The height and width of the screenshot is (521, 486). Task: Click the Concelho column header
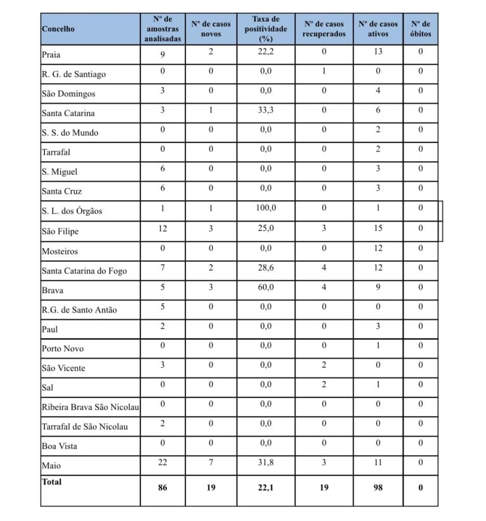pyautogui.click(x=58, y=28)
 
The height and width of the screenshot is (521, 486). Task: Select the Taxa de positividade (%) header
pyautogui.click(x=266, y=28)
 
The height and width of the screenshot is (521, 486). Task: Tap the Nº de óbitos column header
pyautogui.click(x=420, y=28)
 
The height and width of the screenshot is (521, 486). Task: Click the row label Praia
pyautogui.click(x=52, y=54)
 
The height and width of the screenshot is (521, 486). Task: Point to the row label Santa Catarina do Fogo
pyautogui.click(x=84, y=271)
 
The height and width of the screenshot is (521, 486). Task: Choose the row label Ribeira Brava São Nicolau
pyautogui.click(x=90, y=407)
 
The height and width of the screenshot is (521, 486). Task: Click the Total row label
pyautogui.click(x=52, y=482)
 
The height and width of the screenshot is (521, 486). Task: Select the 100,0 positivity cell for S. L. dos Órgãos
pyautogui.click(x=266, y=208)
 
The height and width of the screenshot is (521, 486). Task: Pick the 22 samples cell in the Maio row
pyautogui.click(x=163, y=462)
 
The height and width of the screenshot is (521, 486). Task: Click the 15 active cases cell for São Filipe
pyautogui.click(x=378, y=228)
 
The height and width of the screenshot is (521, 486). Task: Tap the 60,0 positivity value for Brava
pyautogui.click(x=266, y=287)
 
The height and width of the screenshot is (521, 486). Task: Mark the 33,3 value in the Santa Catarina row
pyautogui.click(x=266, y=110)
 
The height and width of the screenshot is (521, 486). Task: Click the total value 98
pyautogui.click(x=378, y=487)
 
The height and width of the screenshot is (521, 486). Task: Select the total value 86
pyautogui.click(x=163, y=487)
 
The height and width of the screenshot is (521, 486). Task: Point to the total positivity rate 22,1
pyautogui.click(x=266, y=487)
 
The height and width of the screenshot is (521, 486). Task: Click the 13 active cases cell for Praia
pyautogui.click(x=378, y=51)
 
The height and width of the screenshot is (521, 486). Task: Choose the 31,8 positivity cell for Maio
pyautogui.click(x=266, y=462)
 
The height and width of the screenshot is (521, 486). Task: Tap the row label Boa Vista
pyautogui.click(x=59, y=446)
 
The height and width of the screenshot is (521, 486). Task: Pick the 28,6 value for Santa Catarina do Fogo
pyautogui.click(x=266, y=268)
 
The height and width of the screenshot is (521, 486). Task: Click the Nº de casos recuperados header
pyautogui.click(x=323, y=28)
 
